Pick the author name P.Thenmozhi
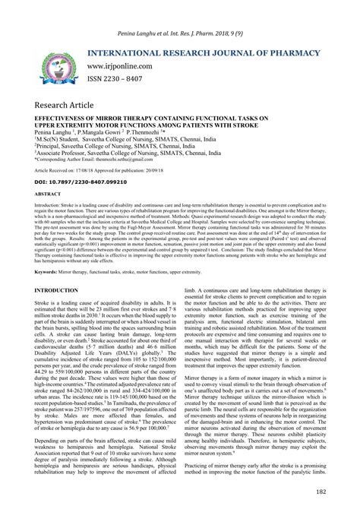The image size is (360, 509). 145,132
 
